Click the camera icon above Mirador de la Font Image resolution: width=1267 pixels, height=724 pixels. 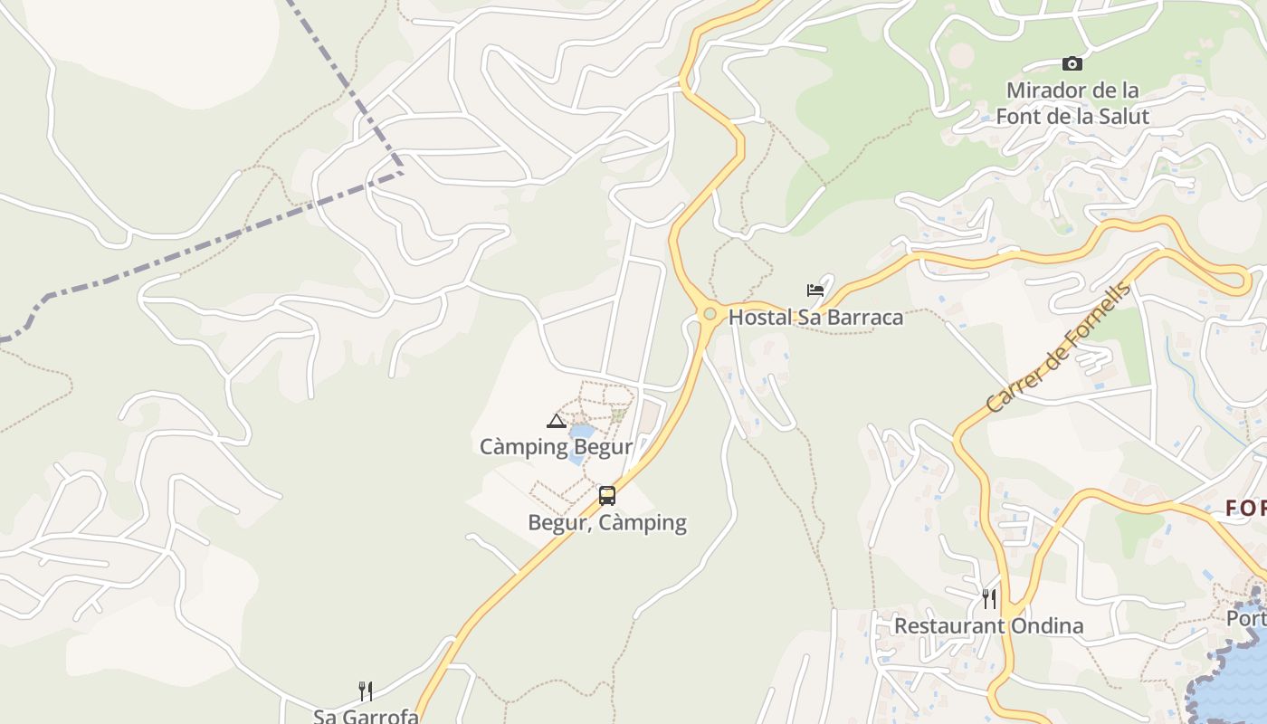[x=1072, y=63]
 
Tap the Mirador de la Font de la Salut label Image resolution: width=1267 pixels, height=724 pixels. [x=1072, y=103]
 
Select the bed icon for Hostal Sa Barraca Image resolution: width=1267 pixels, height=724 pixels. [x=815, y=291]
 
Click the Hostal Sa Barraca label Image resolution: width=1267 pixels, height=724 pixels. [x=815, y=317]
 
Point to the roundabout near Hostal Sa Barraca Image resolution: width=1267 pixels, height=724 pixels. [x=710, y=314]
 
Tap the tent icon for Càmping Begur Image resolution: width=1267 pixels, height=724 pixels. [x=556, y=420]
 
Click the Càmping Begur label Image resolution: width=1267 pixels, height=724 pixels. [x=556, y=446]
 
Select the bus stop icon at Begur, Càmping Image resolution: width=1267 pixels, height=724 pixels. [x=607, y=496]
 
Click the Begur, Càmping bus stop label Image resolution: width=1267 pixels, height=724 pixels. [x=607, y=522]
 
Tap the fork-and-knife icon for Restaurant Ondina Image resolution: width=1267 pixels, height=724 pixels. [x=989, y=598]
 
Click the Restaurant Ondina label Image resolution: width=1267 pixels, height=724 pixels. [x=988, y=625]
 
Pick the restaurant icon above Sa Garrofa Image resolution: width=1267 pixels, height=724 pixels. [x=366, y=691]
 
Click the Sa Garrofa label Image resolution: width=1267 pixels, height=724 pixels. [x=366, y=716]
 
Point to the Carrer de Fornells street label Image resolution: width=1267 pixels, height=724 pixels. [x=1059, y=348]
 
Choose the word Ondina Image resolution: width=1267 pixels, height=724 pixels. [x=1050, y=625]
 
